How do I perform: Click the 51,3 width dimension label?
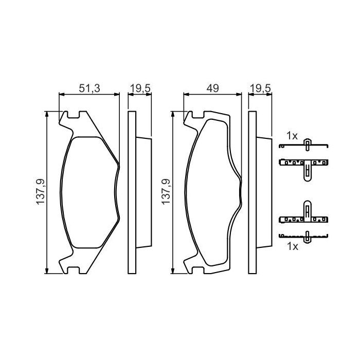pos(89,88)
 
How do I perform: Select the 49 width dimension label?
pos(212,88)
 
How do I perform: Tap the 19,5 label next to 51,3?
pos(139,88)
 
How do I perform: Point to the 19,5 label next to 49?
pos(260,88)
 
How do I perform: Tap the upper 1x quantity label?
pos(292,136)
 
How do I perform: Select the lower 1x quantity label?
pos(293,246)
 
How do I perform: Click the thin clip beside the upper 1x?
pos(307,145)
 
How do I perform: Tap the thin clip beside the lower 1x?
pos(307,237)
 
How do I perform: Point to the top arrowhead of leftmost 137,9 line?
pos(47,114)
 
